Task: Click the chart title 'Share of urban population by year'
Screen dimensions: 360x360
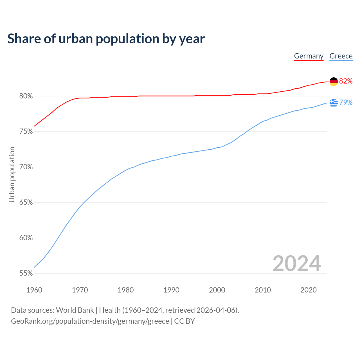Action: tap(106, 39)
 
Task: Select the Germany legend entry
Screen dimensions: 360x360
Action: tap(309, 56)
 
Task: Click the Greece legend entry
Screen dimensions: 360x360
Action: tap(341, 56)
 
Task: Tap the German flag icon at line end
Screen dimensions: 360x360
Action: tap(334, 82)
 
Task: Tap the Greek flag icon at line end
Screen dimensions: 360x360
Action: tap(334, 103)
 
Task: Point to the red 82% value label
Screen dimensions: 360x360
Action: tap(346, 81)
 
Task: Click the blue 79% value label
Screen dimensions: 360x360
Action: tap(346, 103)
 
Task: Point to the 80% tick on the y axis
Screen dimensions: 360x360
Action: tap(26, 96)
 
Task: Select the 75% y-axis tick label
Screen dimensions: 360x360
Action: tap(26, 132)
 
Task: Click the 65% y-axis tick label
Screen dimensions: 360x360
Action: tap(26, 202)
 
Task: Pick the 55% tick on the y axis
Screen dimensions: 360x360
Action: tap(26, 273)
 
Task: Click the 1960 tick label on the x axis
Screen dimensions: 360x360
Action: tap(34, 290)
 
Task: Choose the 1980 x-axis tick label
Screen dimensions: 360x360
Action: tap(126, 290)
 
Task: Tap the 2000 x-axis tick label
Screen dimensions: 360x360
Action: tap(217, 290)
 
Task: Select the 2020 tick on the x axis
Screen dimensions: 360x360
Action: tap(309, 290)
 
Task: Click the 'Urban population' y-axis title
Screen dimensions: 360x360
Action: tap(12, 174)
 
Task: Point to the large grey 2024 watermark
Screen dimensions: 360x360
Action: tap(297, 264)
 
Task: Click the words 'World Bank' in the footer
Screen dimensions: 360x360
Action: tap(75, 310)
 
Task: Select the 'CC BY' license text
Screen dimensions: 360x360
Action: tap(184, 321)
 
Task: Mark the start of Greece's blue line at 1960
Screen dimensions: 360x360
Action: tap(34, 267)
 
